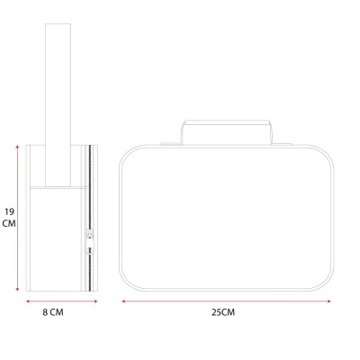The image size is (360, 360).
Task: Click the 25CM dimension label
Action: [x=223, y=312]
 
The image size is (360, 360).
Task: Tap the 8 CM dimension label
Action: [x=53, y=312]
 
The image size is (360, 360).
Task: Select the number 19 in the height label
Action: [x=9, y=211]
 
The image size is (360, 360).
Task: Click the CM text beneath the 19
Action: [x=9, y=223]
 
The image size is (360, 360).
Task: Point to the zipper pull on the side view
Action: [x=89, y=242]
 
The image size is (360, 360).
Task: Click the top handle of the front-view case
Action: [x=228, y=132]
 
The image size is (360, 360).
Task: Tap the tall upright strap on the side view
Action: [x=58, y=105]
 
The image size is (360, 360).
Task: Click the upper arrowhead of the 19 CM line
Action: [x=17, y=147]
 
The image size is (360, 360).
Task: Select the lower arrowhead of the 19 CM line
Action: [x=17, y=289]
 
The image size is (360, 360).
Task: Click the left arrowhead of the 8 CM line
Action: [x=28, y=301]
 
